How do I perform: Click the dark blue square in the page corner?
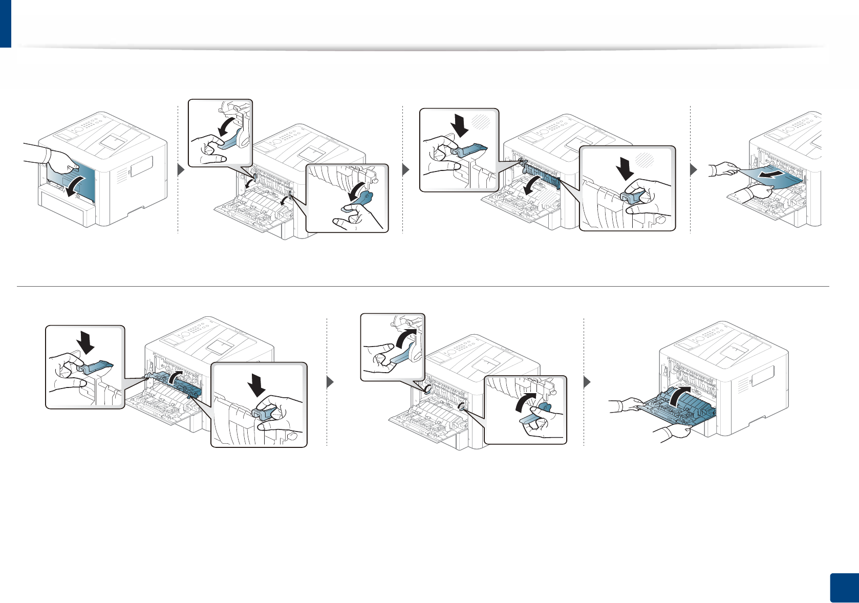843,588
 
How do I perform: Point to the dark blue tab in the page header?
5,24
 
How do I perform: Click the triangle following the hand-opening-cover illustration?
180,169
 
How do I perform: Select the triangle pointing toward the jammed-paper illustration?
694,169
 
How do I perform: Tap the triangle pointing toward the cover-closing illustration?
587,382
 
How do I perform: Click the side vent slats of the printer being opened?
120,177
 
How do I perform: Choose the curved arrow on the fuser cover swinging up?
174,379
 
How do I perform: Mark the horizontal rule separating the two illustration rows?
423,286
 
